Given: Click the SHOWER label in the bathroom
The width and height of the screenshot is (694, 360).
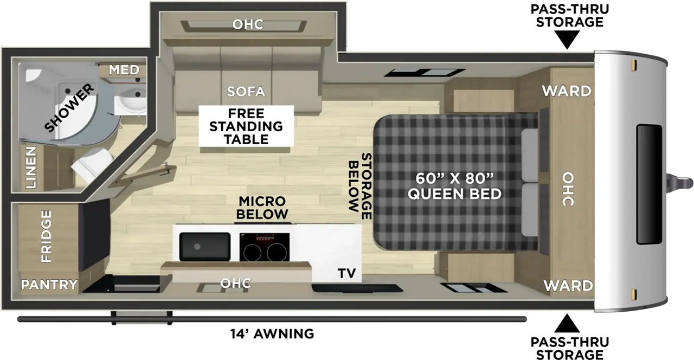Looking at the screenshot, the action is pos(69,107).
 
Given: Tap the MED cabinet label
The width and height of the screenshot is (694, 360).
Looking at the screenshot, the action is pos(124,70).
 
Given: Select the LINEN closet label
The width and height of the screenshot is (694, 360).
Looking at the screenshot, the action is pos(31,168).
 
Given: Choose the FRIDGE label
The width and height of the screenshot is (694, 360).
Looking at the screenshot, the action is pos(46,236).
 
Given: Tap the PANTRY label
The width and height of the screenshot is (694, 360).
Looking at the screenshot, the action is pos(49,285).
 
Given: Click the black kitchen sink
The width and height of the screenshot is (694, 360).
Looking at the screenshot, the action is pos(205,247).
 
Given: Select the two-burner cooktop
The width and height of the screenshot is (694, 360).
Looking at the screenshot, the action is pos(264,247).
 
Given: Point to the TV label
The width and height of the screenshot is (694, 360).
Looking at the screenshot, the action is pos(346,273).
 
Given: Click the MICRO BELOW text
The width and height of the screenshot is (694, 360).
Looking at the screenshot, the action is pos(262,208).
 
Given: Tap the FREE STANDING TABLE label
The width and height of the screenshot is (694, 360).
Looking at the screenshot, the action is pos(246,126).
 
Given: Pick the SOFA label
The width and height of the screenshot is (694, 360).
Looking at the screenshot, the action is pos(246,92).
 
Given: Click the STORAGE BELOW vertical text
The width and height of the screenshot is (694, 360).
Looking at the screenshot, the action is pos(360,186).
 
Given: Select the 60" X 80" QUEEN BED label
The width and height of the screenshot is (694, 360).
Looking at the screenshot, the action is pos(454,186).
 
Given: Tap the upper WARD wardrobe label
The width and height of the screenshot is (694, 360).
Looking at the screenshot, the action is pos(567,91).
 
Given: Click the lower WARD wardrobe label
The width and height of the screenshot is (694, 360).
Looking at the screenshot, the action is pos(568,286).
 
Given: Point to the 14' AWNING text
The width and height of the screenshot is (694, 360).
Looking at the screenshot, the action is pos(272,334).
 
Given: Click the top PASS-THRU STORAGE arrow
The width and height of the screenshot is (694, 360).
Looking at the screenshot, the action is pos(567,40).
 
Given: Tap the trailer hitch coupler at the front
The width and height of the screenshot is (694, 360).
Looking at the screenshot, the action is pos(680,182).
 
